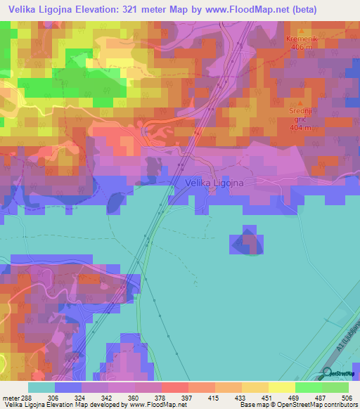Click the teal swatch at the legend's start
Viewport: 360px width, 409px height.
tap(41, 387)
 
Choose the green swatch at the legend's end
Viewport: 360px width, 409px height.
tap(335, 387)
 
